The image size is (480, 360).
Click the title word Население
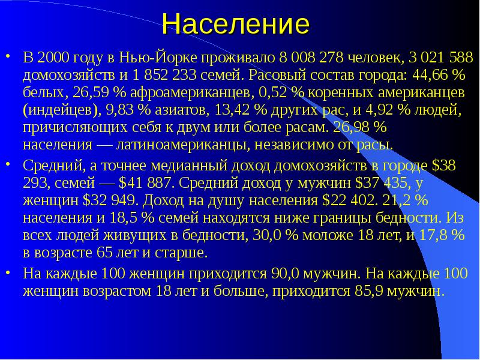click(235, 25)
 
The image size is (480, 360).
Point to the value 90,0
click(288, 274)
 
